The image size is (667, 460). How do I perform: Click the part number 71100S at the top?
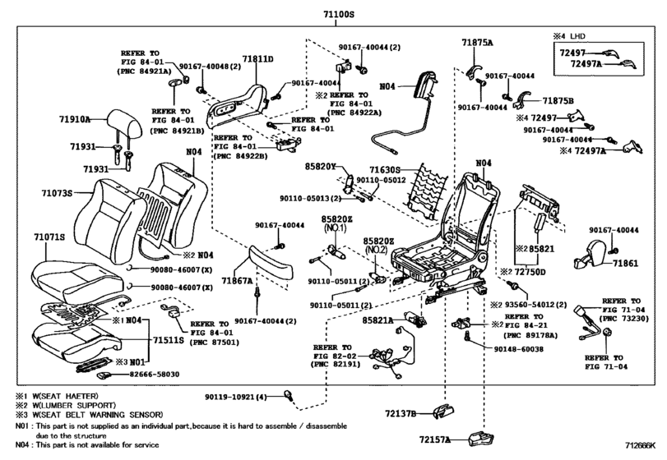click(x=338, y=14)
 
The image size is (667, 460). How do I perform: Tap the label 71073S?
click(x=57, y=193)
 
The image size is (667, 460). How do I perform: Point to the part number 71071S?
click(x=49, y=237)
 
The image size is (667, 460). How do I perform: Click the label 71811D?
click(x=257, y=58)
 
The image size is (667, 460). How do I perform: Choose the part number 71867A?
click(x=237, y=281)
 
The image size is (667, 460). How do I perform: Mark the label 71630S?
click(x=385, y=170)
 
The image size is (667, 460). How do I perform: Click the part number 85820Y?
click(x=320, y=167)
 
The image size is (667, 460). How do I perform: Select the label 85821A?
click(x=378, y=320)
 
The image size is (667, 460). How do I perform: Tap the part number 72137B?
click(x=401, y=413)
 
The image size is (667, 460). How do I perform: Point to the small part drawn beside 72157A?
click(x=481, y=439)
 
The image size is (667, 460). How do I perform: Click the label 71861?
click(x=625, y=264)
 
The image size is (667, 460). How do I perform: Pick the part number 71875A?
click(x=477, y=43)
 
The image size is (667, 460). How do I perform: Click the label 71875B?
click(x=558, y=101)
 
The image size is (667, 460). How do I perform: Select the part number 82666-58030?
click(x=155, y=375)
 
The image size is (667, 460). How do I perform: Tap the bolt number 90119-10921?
click(x=230, y=397)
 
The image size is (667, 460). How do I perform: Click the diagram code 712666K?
click(x=640, y=445)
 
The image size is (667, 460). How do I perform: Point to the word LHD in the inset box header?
click(x=577, y=36)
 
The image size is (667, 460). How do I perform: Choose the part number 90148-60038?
click(x=518, y=349)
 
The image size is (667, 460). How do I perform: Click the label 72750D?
click(x=530, y=272)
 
